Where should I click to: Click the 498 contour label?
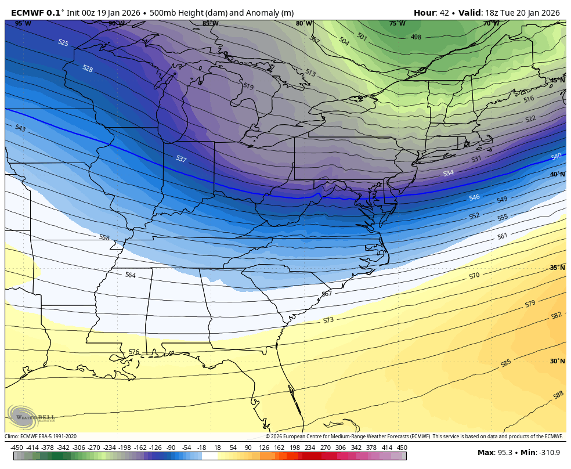pyautogui.click(x=416, y=37)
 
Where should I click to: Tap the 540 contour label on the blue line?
pyautogui.click(x=556, y=157)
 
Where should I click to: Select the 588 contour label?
pyautogui.click(x=558, y=395)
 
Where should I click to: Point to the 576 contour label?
pyautogui.click(x=134, y=352)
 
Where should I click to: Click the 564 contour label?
pyautogui.click(x=131, y=275)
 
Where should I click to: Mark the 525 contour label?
pyautogui.click(x=63, y=43)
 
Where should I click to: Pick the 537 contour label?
pyautogui.click(x=181, y=158)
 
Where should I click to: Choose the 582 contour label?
pyautogui.click(x=556, y=316)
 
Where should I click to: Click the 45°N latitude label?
pyautogui.click(x=557, y=81)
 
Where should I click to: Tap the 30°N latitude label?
pyautogui.click(x=557, y=361)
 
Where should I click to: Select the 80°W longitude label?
pyautogui.click(x=303, y=24)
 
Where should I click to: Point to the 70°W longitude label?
pyautogui.click(x=491, y=24)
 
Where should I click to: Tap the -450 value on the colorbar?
pyautogui.click(x=17, y=448)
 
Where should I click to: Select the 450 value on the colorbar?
pyautogui.click(x=402, y=448)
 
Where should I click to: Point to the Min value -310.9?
pyautogui.click(x=548, y=453)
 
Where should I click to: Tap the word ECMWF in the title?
pyautogui.click(x=27, y=13)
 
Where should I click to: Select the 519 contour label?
pyautogui.click(x=248, y=86)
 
